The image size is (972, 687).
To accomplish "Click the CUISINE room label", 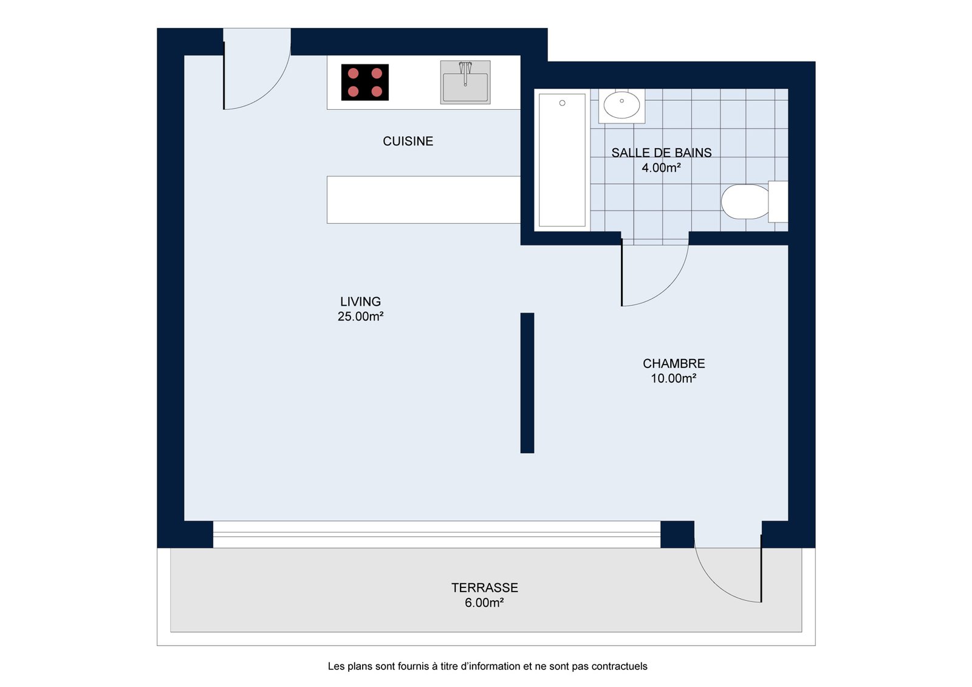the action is tap(408, 141).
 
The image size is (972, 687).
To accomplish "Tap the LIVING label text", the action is tap(360, 301).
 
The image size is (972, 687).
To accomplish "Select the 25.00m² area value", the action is tap(360, 316).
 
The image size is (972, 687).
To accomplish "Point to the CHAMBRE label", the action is tap(674, 363).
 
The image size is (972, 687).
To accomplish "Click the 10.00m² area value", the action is tap(674, 378).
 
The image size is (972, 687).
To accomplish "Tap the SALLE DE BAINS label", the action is tap(662, 152).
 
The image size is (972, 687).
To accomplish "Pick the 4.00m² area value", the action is tap(662, 168).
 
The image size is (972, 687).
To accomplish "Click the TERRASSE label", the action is tap(484, 587).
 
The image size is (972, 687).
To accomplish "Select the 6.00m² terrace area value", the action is tap(484, 603).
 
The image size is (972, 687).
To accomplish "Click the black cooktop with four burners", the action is tap(365, 83).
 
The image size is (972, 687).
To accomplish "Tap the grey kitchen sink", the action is tap(465, 83).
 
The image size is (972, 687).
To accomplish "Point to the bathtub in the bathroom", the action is tap(562, 160).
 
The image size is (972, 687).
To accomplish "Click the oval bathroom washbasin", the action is tap(621, 105).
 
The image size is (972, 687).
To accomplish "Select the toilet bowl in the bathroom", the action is tap(745, 202).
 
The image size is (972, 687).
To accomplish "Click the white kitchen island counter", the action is tap(423, 200).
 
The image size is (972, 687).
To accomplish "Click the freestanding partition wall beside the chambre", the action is tap(527, 383).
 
